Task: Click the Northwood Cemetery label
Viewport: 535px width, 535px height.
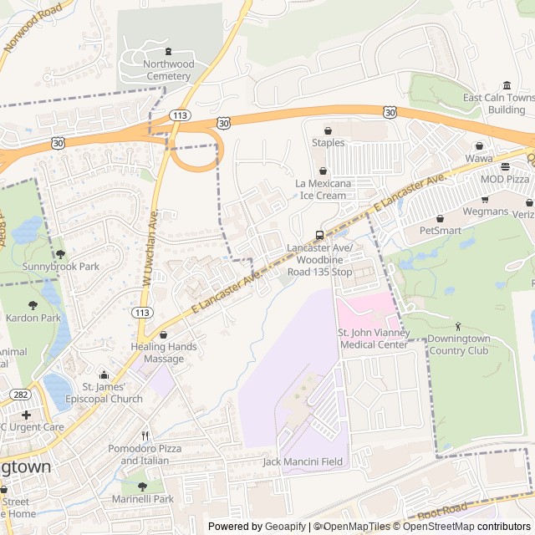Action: point(168,70)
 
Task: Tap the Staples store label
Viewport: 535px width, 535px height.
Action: point(328,142)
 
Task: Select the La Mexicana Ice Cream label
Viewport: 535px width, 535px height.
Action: point(320,189)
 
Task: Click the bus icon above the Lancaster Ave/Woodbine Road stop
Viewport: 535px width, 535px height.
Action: point(319,235)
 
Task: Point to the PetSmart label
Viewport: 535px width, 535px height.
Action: point(440,229)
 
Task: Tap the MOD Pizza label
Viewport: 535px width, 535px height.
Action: point(504,180)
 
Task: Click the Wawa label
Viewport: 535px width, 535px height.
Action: point(479,158)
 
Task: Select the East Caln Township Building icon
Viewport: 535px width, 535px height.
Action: point(507,85)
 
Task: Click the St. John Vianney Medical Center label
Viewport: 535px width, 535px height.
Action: point(373,339)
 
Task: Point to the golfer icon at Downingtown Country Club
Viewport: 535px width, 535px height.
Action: point(457,325)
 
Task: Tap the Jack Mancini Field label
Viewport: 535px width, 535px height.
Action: point(303,461)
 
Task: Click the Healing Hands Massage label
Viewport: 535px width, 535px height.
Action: point(164,353)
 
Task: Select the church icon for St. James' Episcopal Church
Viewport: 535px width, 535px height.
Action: point(104,374)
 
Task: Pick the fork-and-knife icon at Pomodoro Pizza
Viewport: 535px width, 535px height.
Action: point(145,436)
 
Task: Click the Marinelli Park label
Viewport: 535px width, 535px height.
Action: point(142,499)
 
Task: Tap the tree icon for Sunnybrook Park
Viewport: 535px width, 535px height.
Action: point(60,254)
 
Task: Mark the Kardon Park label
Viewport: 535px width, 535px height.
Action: point(33,318)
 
